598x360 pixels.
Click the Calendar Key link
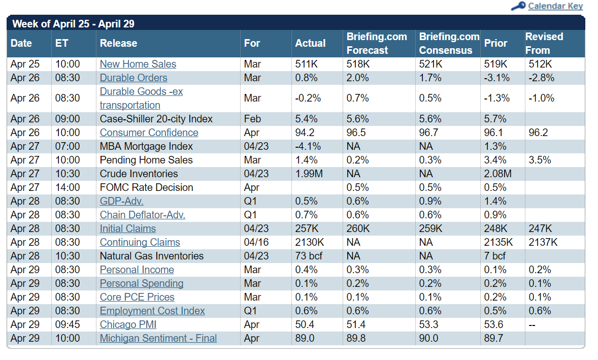(x=555, y=6)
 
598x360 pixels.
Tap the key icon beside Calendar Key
(x=518, y=6)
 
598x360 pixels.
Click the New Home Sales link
(x=138, y=64)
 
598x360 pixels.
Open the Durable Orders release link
(x=134, y=78)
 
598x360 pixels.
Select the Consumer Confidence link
(x=149, y=133)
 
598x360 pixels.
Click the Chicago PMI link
(x=128, y=324)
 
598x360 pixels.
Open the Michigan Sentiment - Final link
(x=158, y=338)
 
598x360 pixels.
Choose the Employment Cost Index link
(x=152, y=311)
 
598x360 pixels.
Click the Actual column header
(x=310, y=43)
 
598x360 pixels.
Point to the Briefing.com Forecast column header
(x=377, y=43)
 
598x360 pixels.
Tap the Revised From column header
(x=544, y=43)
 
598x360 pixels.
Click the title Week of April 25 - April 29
(x=73, y=24)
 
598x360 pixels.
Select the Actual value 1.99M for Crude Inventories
(x=309, y=174)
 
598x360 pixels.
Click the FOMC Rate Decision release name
(x=146, y=187)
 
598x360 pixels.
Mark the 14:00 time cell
(x=68, y=187)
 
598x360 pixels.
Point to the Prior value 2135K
(x=499, y=242)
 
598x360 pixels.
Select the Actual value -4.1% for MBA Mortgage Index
(x=308, y=146)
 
